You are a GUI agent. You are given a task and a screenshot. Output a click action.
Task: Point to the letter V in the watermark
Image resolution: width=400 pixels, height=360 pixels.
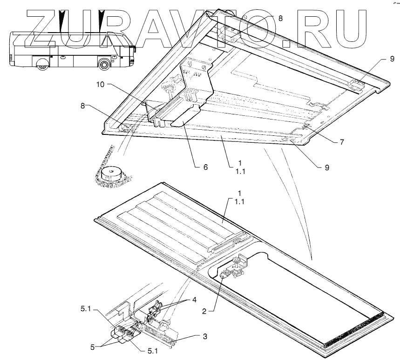(210, 28)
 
